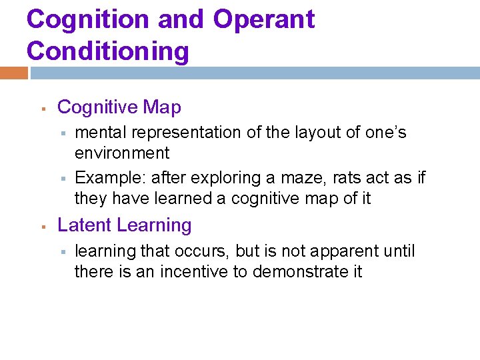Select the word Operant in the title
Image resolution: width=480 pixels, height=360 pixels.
[x=264, y=19]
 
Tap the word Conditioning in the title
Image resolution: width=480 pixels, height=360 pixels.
[x=108, y=51]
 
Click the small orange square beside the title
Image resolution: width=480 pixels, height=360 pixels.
[x=14, y=73]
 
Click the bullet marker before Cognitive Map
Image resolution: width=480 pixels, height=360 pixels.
[x=42, y=108]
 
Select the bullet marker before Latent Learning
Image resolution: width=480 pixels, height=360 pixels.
[x=42, y=227]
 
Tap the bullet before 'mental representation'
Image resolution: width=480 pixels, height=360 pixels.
[x=61, y=133]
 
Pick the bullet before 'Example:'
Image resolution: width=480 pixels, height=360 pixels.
[x=61, y=179]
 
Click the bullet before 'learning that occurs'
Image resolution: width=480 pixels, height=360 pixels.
[x=61, y=252]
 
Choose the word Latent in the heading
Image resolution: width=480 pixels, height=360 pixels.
[x=82, y=225]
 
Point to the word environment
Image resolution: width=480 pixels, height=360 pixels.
[x=122, y=153]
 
